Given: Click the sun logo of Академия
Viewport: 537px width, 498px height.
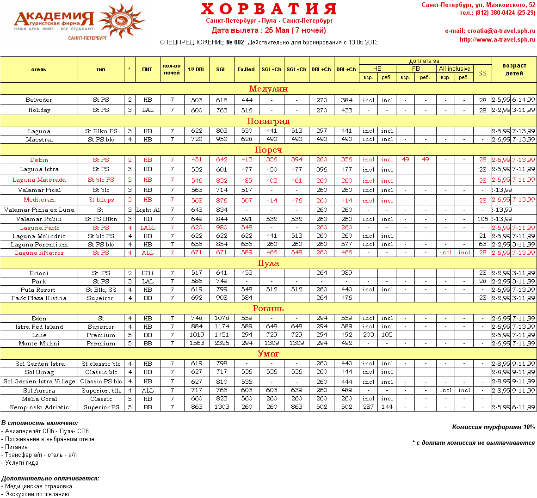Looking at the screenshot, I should (121, 21).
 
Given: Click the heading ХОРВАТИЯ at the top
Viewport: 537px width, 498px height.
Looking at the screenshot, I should (269, 9).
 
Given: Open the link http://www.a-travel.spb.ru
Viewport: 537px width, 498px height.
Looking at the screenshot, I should (497, 40).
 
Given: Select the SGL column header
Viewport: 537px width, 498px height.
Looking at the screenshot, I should (221, 69).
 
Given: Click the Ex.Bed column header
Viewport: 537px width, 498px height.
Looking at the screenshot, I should (246, 69).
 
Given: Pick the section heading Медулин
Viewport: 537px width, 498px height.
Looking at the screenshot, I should (268, 89).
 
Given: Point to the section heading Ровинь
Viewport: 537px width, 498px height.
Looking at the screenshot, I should (268, 308).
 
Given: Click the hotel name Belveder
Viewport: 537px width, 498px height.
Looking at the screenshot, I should (39, 100).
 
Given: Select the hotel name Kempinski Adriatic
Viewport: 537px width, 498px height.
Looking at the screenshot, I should (39, 407).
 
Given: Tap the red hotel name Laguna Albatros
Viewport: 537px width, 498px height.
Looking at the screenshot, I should (39, 253).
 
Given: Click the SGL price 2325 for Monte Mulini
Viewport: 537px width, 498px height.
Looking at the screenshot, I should (222, 343).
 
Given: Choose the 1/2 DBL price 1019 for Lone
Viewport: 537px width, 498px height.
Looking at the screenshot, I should (197, 335).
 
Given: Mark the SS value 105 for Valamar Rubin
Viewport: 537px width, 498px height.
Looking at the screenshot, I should (482, 219).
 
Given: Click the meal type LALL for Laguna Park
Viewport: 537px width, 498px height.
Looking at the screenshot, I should (148, 228).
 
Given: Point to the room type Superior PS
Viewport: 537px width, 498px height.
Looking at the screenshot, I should (101, 407).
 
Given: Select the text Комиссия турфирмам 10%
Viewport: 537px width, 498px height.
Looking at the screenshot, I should (493, 427).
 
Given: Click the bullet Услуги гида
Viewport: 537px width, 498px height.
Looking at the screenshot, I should (21, 463).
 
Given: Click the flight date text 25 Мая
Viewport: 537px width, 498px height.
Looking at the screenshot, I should (277, 31).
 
